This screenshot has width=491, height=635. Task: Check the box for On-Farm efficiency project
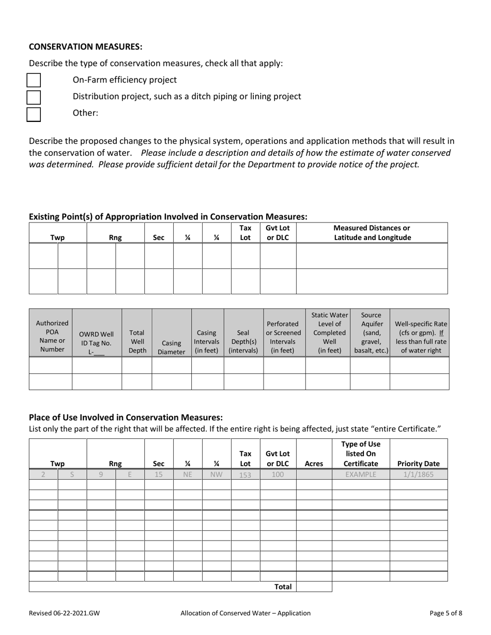tap(34, 81)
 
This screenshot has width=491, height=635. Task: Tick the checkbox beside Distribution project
tap(34, 97)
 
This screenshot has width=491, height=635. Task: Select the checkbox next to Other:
tap(34, 114)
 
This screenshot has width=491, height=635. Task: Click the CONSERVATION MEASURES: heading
tap(85, 47)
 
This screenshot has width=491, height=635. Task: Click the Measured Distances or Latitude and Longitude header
tap(372, 233)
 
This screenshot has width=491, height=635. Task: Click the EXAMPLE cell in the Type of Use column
tap(361, 474)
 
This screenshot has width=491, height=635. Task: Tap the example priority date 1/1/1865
tap(419, 474)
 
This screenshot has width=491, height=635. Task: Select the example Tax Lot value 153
tap(245, 474)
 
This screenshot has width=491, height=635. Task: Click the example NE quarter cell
tap(188, 474)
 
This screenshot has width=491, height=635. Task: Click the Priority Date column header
tap(419, 464)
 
